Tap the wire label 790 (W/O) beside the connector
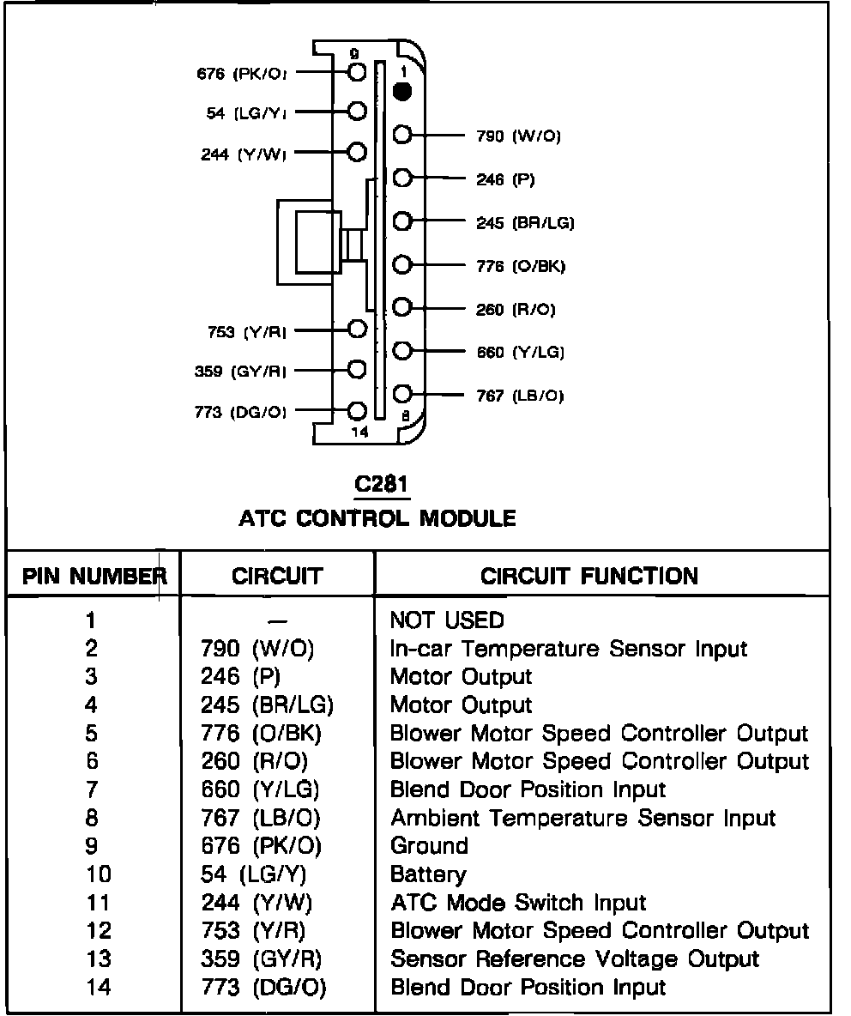tap(518, 136)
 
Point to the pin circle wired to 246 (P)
tap(403, 178)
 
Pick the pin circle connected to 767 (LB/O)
tap(403, 394)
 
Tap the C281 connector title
tap(383, 485)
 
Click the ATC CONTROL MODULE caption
tap(377, 518)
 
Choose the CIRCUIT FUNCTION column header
tap(589, 575)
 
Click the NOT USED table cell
tap(447, 620)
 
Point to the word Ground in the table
tap(429, 846)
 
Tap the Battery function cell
tap(428, 874)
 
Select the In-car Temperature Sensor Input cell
tap(569, 649)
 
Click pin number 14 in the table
tap(98, 988)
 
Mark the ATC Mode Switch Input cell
tap(518, 903)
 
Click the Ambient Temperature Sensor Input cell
tap(582, 818)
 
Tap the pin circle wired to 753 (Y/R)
tap(358, 328)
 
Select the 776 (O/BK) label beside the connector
tap(521, 266)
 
